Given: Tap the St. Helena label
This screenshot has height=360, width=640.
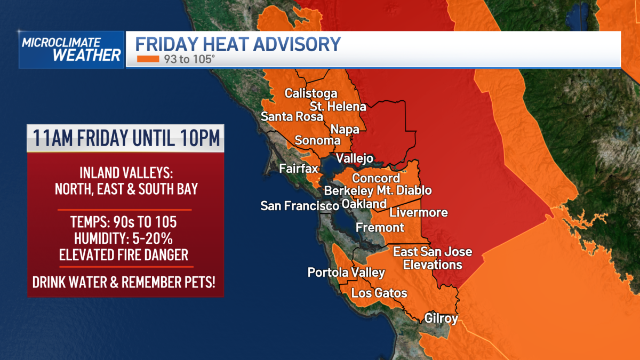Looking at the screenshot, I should pyautogui.click(x=338, y=106).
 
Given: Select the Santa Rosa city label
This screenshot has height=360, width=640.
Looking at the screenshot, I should pyautogui.click(x=292, y=117).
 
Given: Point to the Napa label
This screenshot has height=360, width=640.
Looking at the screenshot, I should pyautogui.click(x=345, y=129).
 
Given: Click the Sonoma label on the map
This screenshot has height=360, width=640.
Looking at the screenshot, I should pyautogui.click(x=317, y=141).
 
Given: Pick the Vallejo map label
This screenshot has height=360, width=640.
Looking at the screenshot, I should pyautogui.click(x=354, y=158).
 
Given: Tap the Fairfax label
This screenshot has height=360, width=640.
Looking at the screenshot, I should pyautogui.click(x=299, y=169).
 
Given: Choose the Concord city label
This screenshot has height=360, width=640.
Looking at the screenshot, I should pyautogui.click(x=376, y=178).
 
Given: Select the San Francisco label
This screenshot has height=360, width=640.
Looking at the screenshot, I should pyautogui.click(x=299, y=205).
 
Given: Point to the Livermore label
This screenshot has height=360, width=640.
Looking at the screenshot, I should pyautogui.click(x=419, y=213).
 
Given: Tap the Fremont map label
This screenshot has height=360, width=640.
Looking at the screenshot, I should pyautogui.click(x=380, y=228).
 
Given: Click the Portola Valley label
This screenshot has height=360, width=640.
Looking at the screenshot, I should pyautogui.click(x=346, y=273).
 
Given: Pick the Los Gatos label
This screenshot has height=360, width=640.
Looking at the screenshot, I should pyautogui.click(x=379, y=293).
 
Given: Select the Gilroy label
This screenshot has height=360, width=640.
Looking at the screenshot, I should pyautogui.click(x=441, y=319).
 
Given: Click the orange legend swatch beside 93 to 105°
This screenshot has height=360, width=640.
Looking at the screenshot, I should pyautogui.click(x=148, y=59).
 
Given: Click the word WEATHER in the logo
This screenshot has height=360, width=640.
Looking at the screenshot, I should pyautogui.click(x=87, y=55).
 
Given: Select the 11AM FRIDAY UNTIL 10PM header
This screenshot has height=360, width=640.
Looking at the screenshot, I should pyautogui.click(x=126, y=138).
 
